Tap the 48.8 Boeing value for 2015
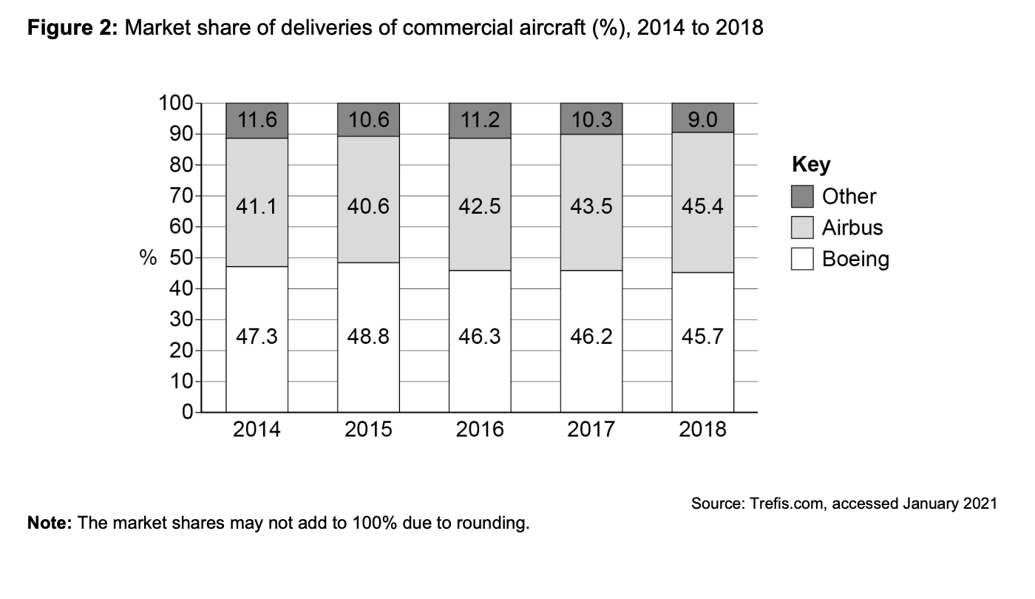[368, 337]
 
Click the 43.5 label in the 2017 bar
[591, 207]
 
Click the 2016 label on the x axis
[480, 429]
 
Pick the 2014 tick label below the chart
[257, 429]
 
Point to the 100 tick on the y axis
[174, 104]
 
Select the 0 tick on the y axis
[187, 412]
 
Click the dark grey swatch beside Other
[802, 197]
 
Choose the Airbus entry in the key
[852, 228]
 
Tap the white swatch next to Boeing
[802, 259]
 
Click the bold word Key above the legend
[810, 164]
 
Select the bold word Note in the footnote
[49, 524]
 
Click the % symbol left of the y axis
[149, 258]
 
